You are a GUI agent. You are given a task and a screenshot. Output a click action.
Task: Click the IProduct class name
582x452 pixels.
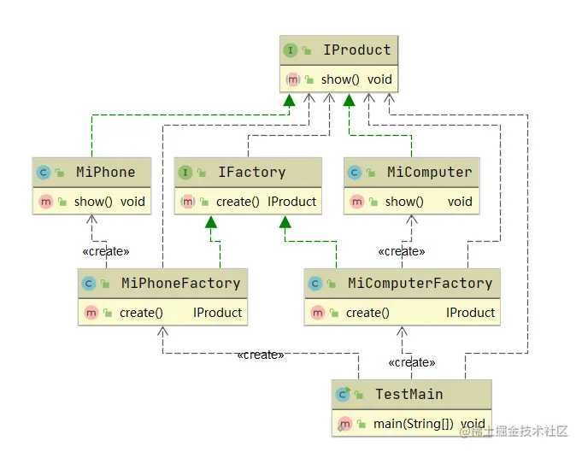click(x=356, y=50)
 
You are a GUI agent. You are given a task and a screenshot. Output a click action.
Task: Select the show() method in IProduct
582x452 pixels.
click(x=340, y=79)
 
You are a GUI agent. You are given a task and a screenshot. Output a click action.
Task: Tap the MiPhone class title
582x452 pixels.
click(x=105, y=172)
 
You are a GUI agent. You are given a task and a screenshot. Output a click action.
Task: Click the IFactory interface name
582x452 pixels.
click(x=251, y=172)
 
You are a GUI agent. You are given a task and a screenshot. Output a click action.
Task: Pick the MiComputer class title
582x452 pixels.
click(x=429, y=172)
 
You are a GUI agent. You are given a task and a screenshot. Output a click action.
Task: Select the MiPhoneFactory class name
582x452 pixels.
click(x=180, y=283)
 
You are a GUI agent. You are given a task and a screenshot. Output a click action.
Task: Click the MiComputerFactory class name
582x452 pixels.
click(x=420, y=283)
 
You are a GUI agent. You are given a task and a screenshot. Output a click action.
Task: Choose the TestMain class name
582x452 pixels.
click(x=409, y=394)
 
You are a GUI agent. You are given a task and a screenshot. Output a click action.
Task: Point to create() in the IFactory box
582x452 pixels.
click(x=238, y=202)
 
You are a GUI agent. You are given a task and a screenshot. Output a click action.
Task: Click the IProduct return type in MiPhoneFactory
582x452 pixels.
click(x=217, y=313)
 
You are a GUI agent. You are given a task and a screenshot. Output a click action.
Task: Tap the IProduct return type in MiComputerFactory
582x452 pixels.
click(x=470, y=313)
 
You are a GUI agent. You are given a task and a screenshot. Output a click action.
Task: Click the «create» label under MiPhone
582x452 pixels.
click(x=105, y=251)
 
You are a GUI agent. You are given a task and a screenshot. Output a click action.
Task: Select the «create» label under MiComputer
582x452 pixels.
click(x=402, y=251)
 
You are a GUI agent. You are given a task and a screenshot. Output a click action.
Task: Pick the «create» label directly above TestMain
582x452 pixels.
click(x=411, y=362)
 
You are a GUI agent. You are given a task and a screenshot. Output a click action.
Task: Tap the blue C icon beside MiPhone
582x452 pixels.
click(x=43, y=173)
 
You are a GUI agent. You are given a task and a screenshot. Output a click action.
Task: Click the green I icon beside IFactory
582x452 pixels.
click(x=185, y=173)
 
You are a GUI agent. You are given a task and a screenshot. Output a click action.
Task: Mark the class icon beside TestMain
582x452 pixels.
click(x=344, y=394)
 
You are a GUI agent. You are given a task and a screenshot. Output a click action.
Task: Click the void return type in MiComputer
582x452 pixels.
click(x=460, y=202)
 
